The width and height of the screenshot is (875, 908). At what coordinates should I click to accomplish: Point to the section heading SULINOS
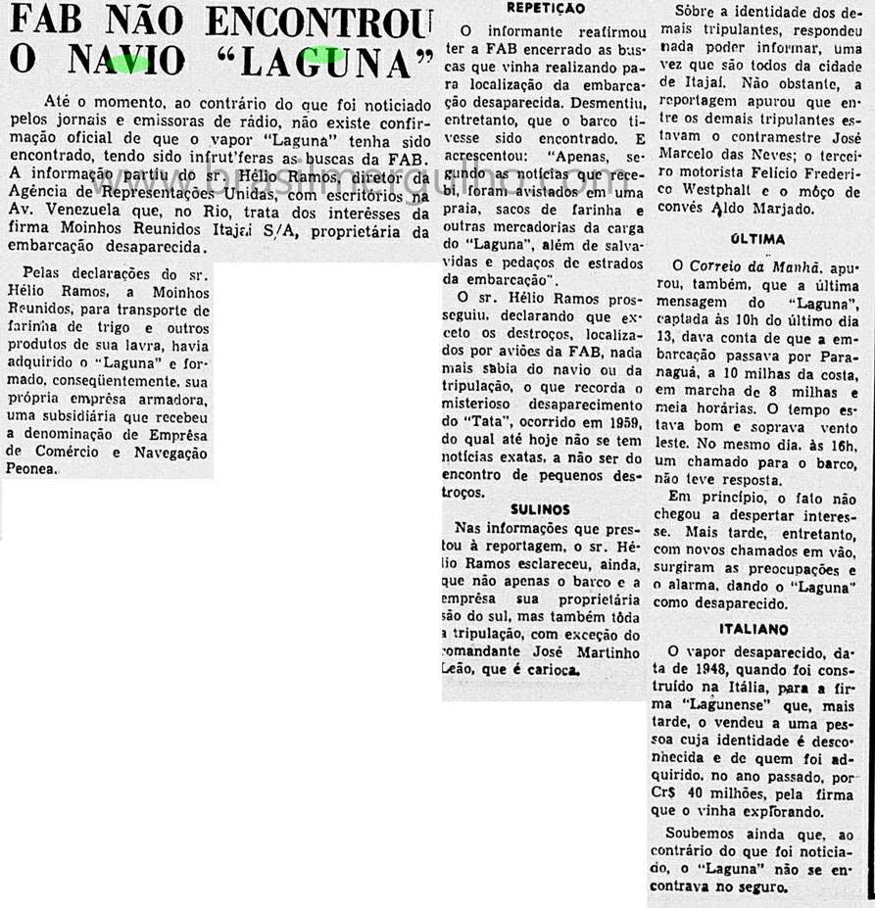pos(540,509)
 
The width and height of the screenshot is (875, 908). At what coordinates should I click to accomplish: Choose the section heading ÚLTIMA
pos(758,238)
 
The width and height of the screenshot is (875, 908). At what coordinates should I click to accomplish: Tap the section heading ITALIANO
pos(753,629)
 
